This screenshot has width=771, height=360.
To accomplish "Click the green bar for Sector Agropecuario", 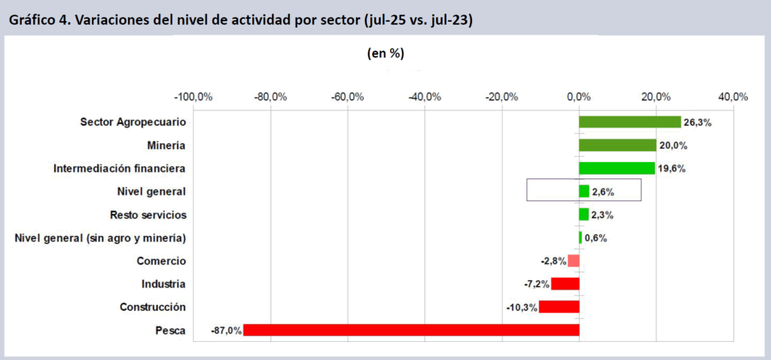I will (629, 122).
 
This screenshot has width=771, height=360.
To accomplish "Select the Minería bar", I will (617, 145).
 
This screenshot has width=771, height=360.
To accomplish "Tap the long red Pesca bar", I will (411, 330).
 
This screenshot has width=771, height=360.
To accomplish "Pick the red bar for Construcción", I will (559, 307).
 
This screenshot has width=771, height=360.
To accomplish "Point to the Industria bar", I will (565, 284).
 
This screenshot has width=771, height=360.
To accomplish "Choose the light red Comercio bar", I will (573, 261).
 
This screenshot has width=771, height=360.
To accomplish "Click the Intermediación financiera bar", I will (617, 168).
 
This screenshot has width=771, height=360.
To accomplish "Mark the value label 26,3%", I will (696, 122).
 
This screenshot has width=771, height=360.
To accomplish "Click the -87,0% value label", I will (226, 330).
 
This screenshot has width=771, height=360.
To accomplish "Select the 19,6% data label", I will (672, 169).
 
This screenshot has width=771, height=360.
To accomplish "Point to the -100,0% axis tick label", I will (194, 97).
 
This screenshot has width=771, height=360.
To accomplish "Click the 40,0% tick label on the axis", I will (733, 97).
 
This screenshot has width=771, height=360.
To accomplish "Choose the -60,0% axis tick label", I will (348, 97).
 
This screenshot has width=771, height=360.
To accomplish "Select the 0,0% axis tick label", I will (578, 97).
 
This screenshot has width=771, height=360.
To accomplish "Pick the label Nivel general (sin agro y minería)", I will (100, 238).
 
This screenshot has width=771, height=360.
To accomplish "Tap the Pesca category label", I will (171, 330).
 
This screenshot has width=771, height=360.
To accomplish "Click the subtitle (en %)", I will (386, 53).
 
